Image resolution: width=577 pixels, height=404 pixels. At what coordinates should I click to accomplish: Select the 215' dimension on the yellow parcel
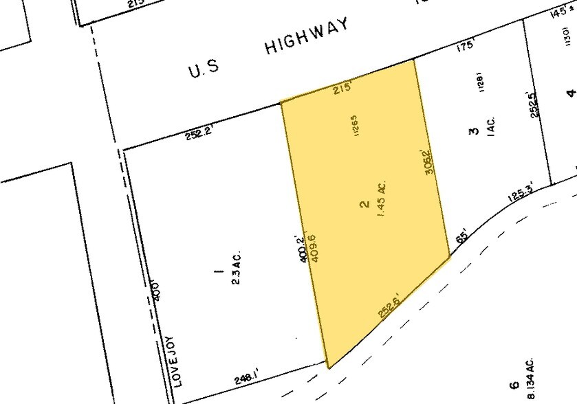(x=342, y=88)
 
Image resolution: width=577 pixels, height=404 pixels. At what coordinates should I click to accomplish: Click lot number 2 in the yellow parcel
(x=363, y=204)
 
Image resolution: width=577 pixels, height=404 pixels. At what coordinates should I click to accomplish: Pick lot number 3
(x=473, y=130)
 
